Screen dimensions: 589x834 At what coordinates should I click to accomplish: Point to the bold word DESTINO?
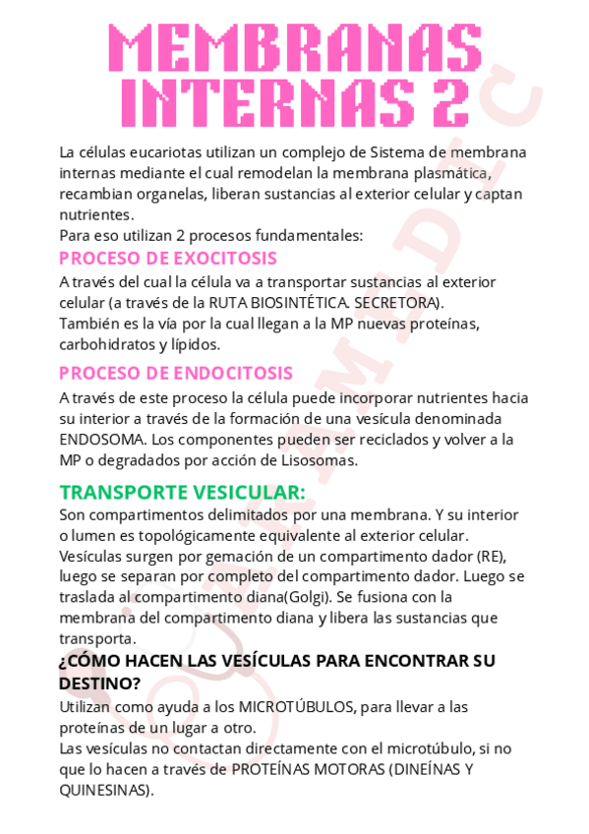click(99, 682)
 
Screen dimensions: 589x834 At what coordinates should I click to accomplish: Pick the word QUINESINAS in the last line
click(105, 790)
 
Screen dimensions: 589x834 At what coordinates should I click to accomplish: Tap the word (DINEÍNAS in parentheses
click(426, 769)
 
